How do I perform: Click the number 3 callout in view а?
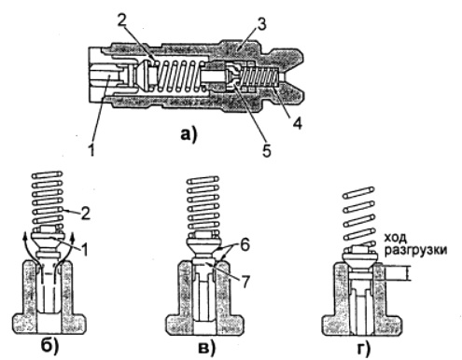click(261, 23)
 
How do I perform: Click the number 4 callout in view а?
click(297, 122)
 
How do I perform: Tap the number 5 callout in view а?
click(266, 150)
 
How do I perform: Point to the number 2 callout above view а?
click(121, 20)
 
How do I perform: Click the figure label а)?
click(189, 134)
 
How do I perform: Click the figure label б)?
click(49, 346)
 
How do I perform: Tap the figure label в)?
click(206, 347)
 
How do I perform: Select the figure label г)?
click(363, 348)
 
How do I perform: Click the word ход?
click(396, 238)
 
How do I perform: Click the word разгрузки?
click(415, 251)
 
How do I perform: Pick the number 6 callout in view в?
click(245, 245)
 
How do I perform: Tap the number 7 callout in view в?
click(245, 282)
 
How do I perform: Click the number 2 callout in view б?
click(85, 214)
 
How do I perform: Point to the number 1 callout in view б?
click(84, 249)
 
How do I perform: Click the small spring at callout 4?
click(260, 76)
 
